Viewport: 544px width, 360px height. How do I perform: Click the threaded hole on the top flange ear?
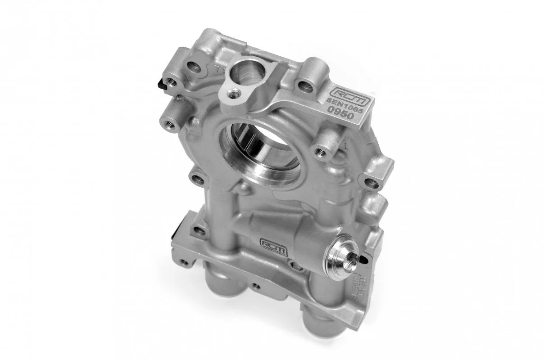[x=232, y=94]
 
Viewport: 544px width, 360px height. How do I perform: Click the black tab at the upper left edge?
[x=161, y=83]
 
